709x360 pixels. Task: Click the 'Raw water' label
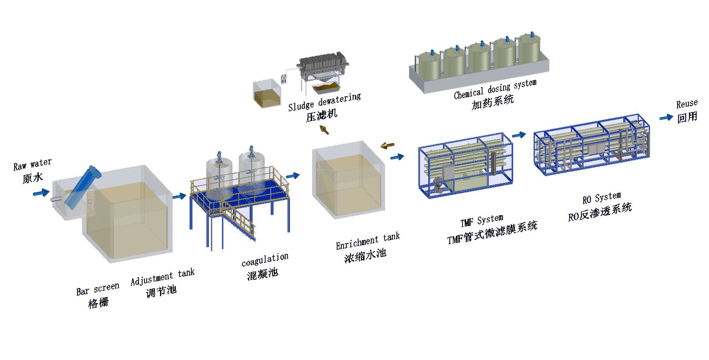32,164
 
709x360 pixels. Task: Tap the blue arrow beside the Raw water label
42,194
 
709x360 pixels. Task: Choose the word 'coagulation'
265,260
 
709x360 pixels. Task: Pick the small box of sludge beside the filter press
267,94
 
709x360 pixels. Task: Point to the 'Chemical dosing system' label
495,89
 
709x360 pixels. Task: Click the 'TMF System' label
482,221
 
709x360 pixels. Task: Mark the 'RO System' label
601,198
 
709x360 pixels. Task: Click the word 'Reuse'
687,103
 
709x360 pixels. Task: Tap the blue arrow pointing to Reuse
666,117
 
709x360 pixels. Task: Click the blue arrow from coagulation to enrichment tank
293,175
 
